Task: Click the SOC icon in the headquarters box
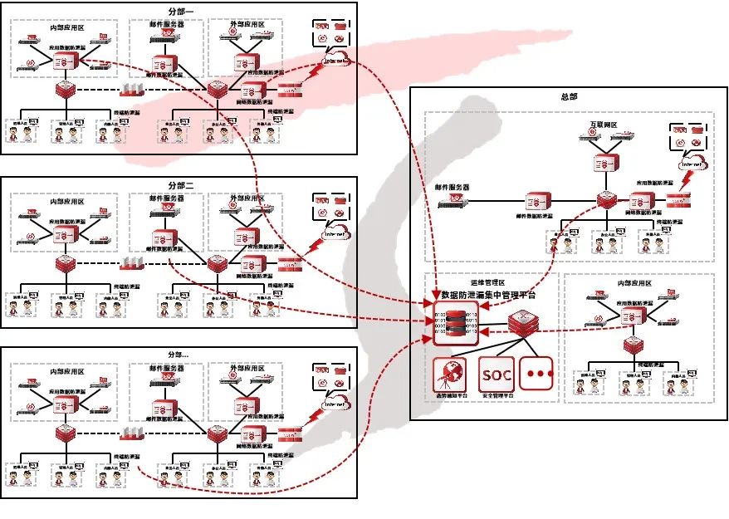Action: (497, 374)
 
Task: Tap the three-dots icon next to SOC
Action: (540, 374)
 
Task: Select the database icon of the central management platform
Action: (455, 325)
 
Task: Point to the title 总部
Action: (569, 96)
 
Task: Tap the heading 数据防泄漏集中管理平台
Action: (489, 294)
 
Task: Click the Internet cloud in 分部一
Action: (336, 59)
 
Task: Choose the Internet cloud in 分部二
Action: (335, 233)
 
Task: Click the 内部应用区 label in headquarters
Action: (634, 283)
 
